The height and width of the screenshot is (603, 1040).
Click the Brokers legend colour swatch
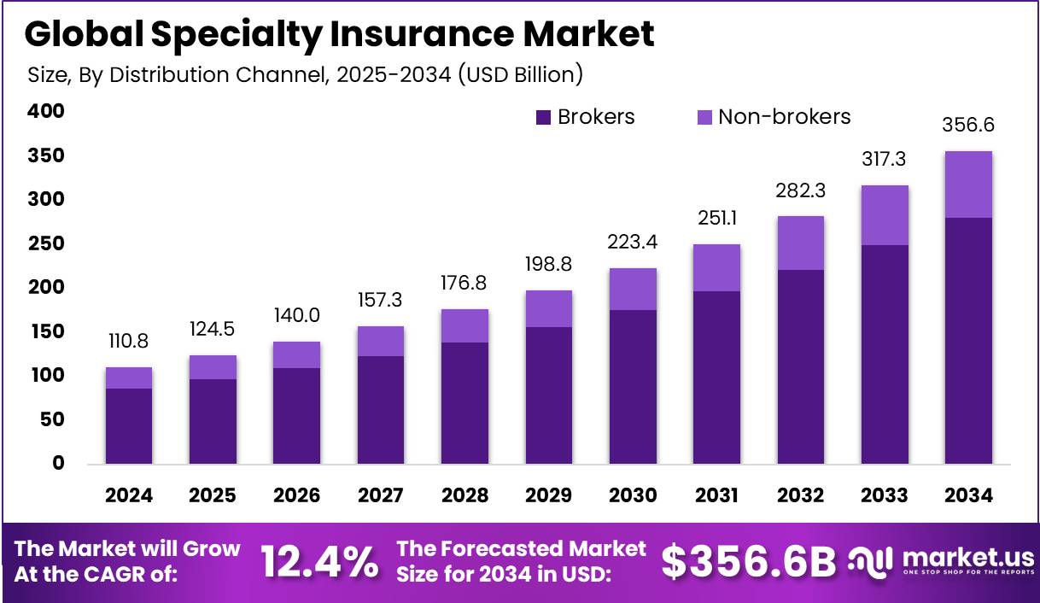click(x=544, y=118)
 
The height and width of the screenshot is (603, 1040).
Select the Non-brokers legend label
click(x=784, y=117)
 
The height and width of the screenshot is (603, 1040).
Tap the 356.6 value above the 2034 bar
click(x=968, y=125)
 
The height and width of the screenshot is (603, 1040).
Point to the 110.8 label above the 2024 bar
click(x=128, y=342)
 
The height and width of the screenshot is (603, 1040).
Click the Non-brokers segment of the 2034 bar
click(x=968, y=184)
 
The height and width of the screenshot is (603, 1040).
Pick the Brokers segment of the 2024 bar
click(x=128, y=426)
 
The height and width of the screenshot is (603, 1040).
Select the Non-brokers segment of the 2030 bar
click(x=633, y=289)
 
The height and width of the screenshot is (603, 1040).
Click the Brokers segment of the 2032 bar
click(x=801, y=367)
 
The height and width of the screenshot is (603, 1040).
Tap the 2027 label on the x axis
click(x=381, y=495)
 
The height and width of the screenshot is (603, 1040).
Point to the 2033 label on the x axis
click(x=885, y=495)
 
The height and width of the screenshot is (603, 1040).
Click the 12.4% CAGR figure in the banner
click(x=319, y=561)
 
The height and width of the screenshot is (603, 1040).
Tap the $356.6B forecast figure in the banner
click(x=749, y=561)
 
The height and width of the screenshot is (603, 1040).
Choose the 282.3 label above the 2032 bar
click(x=801, y=190)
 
